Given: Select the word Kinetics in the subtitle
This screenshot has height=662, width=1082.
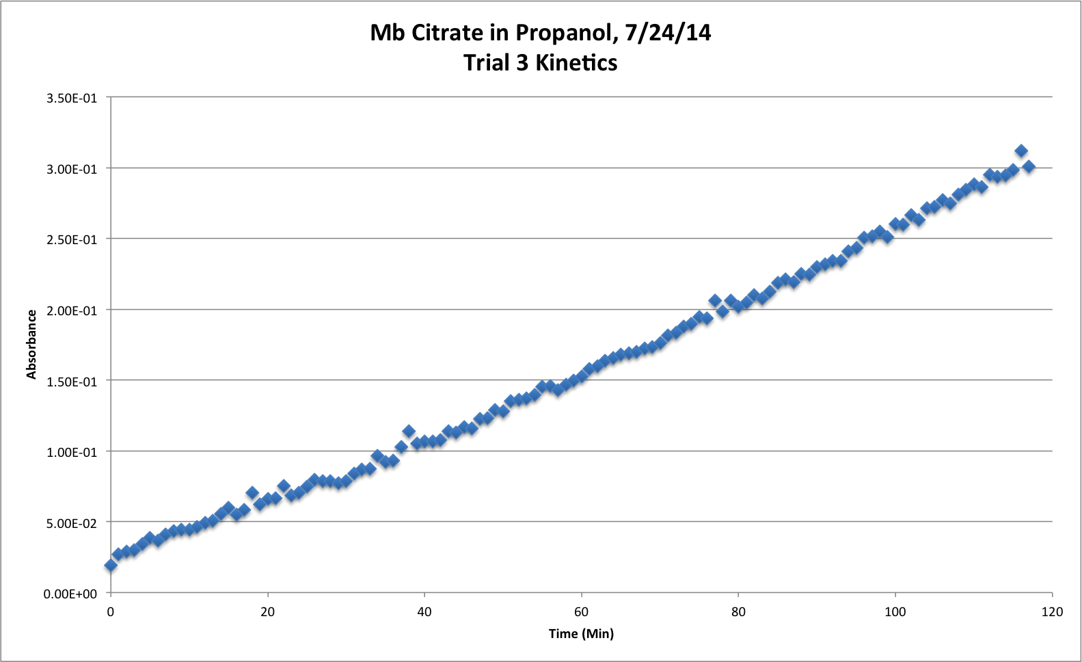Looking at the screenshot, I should click(576, 63).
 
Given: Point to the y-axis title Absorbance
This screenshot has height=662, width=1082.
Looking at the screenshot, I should click(31, 345).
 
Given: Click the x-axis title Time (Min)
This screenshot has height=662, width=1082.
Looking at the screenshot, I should click(581, 634).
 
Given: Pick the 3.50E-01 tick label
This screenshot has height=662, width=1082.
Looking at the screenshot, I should click(72, 98).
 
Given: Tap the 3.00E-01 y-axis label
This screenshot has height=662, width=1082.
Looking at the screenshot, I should click(72, 169).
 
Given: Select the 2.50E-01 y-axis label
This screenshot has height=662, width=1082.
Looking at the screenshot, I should click(72, 239).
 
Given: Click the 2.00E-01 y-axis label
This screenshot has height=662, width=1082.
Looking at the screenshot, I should click(72, 310).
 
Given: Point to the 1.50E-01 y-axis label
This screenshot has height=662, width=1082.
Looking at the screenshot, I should click(72, 381).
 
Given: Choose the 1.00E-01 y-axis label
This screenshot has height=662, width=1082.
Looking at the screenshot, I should click(72, 452).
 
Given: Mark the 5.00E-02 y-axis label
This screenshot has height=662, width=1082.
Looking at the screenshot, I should click(72, 523).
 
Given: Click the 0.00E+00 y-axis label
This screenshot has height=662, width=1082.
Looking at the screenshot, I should click(70, 594).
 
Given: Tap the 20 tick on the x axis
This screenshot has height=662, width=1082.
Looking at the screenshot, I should click(267, 612).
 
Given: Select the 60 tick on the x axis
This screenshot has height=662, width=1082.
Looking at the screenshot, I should click(581, 612).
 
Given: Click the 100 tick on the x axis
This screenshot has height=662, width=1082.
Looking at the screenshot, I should click(895, 612).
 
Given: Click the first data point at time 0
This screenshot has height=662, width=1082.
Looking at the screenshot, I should click(111, 565).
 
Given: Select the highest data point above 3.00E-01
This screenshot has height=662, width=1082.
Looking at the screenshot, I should click(1021, 151).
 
